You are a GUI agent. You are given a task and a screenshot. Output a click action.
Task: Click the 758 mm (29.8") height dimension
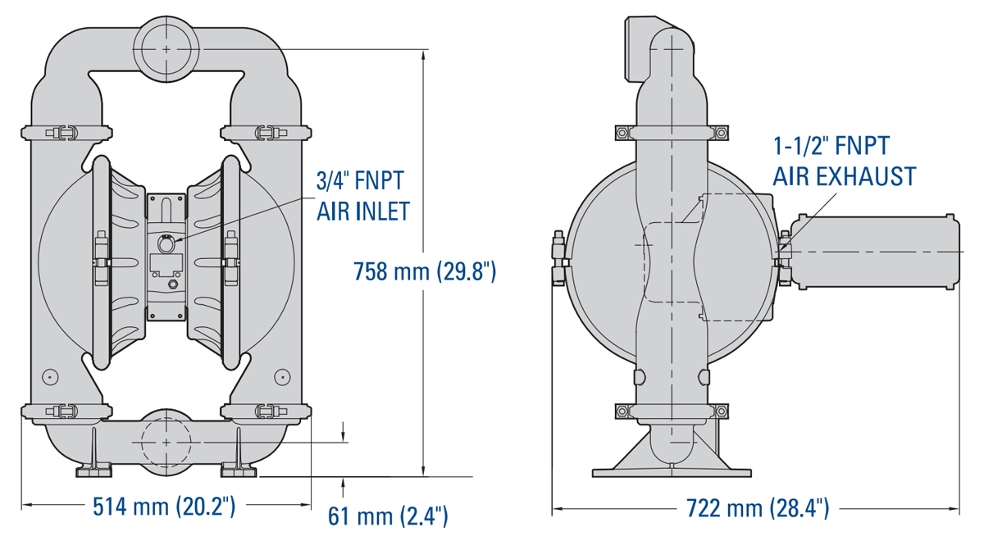tap(424, 271)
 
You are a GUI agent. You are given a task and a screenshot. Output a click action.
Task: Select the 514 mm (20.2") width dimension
tap(165, 506)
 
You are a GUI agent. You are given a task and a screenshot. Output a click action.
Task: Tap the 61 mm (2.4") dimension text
tap(388, 516)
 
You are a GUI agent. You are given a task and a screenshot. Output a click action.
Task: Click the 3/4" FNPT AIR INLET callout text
tap(362, 197)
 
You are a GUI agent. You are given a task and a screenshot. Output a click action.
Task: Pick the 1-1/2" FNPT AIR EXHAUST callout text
tap(844, 161)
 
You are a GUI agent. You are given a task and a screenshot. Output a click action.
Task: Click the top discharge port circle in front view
tap(167, 49)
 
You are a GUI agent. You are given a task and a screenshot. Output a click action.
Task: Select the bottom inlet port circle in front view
tap(167, 441)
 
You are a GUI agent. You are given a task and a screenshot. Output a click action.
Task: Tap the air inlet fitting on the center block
tap(166, 244)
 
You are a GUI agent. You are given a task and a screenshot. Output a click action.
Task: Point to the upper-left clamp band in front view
tap(64, 132)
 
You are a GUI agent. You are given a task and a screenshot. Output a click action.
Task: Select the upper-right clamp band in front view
tap(266, 132)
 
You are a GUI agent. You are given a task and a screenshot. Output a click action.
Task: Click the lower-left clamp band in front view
tap(64, 411)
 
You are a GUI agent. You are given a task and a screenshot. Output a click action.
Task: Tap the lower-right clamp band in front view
tap(266, 411)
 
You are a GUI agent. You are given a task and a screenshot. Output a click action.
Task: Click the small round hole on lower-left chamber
tap(51, 376)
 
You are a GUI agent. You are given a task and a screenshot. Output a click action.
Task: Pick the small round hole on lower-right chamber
tap(282, 376)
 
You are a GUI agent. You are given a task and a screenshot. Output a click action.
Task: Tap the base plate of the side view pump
tap(671, 471)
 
